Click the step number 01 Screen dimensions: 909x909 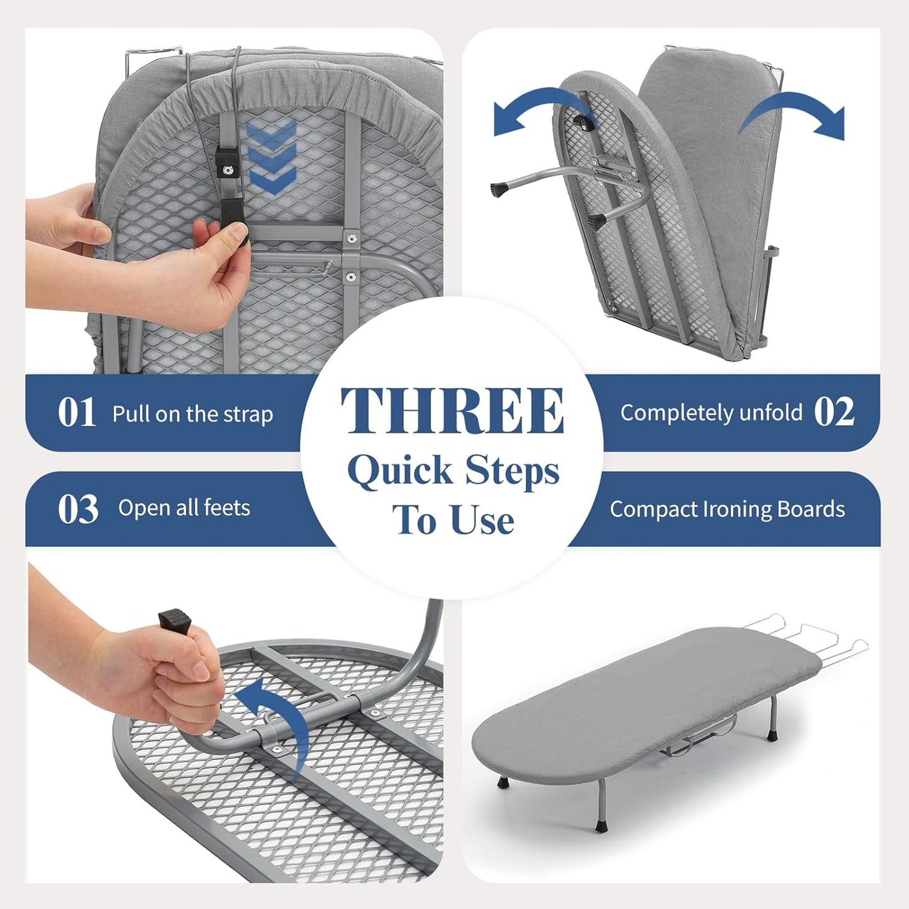(77, 413)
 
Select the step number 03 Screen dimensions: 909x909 (78, 509)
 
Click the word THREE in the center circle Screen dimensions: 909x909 (452, 410)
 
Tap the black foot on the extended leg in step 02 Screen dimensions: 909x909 (500, 188)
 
